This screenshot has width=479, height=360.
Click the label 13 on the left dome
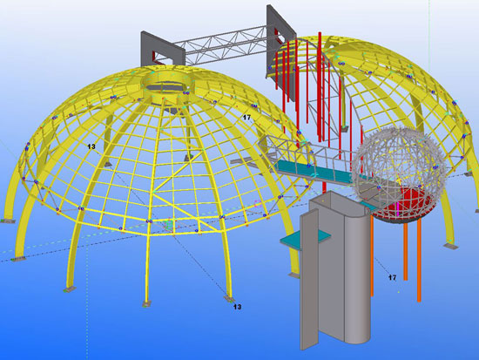(x=91, y=146)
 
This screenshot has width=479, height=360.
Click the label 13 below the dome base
(x=238, y=307)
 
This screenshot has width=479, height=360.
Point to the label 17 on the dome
(x=246, y=117)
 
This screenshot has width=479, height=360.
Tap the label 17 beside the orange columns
(x=392, y=277)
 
